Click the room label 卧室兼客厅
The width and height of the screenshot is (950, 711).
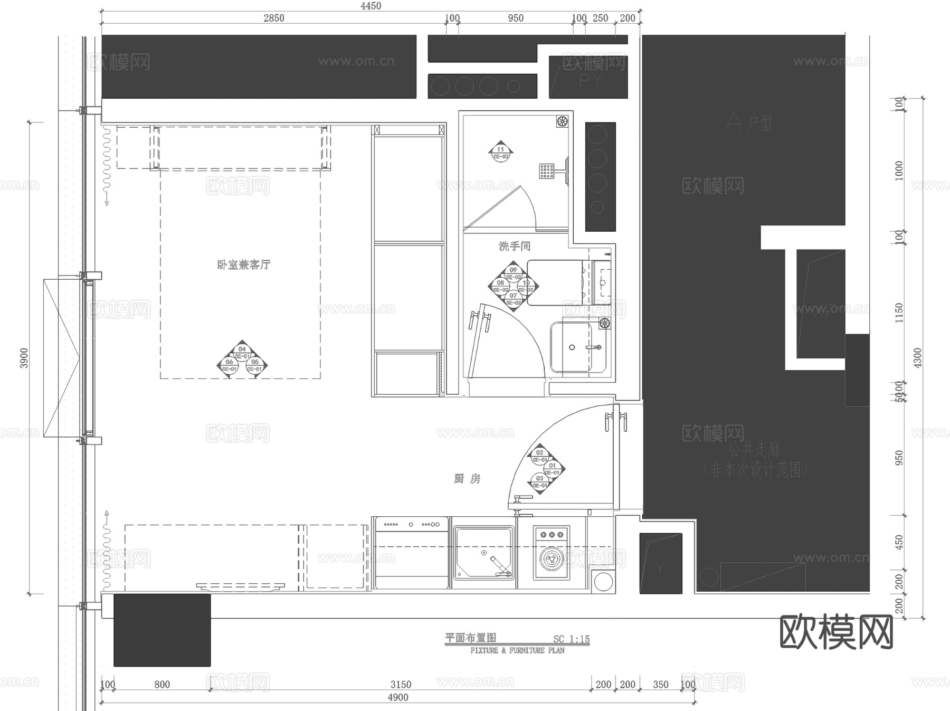(x=243, y=264)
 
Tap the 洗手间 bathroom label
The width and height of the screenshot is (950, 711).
(x=514, y=246)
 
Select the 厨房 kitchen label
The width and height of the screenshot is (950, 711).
(x=467, y=479)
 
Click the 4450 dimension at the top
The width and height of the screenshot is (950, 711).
(x=370, y=6)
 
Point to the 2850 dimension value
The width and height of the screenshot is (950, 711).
(x=273, y=18)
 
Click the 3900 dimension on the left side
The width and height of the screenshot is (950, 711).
(x=24, y=358)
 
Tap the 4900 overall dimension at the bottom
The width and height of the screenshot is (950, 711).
(x=398, y=697)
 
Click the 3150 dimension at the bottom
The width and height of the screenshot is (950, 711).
(x=401, y=684)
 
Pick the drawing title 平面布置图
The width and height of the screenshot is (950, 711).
(x=470, y=638)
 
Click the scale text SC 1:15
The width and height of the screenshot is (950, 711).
(x=571, y=639)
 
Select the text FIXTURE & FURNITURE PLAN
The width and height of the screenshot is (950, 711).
(x=517, y=651)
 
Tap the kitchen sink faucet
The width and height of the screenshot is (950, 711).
(x=499, y=565)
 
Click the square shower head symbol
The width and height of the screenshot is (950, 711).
(x=546, y=170)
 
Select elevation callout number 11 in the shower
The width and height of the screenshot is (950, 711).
(x=500, y=149)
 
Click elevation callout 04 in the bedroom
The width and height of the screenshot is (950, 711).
(x=242, y=349)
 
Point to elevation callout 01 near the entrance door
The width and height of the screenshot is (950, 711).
(x=552, y=466)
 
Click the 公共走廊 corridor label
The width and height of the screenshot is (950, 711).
(x=754, y=450)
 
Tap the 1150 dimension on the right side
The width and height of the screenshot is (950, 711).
(x=899, y=312)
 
